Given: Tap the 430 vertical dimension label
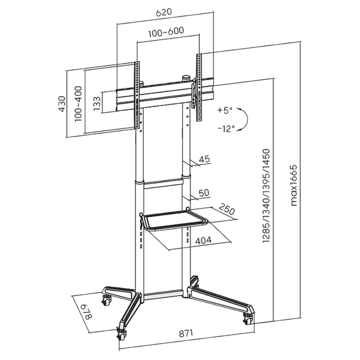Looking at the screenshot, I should click(x=62, y=102).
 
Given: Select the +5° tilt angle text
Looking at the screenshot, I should click(x=225, y=110).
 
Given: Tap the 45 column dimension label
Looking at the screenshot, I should click(x=204, y=159).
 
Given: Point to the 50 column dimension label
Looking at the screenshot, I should click(x=203, y=193).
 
